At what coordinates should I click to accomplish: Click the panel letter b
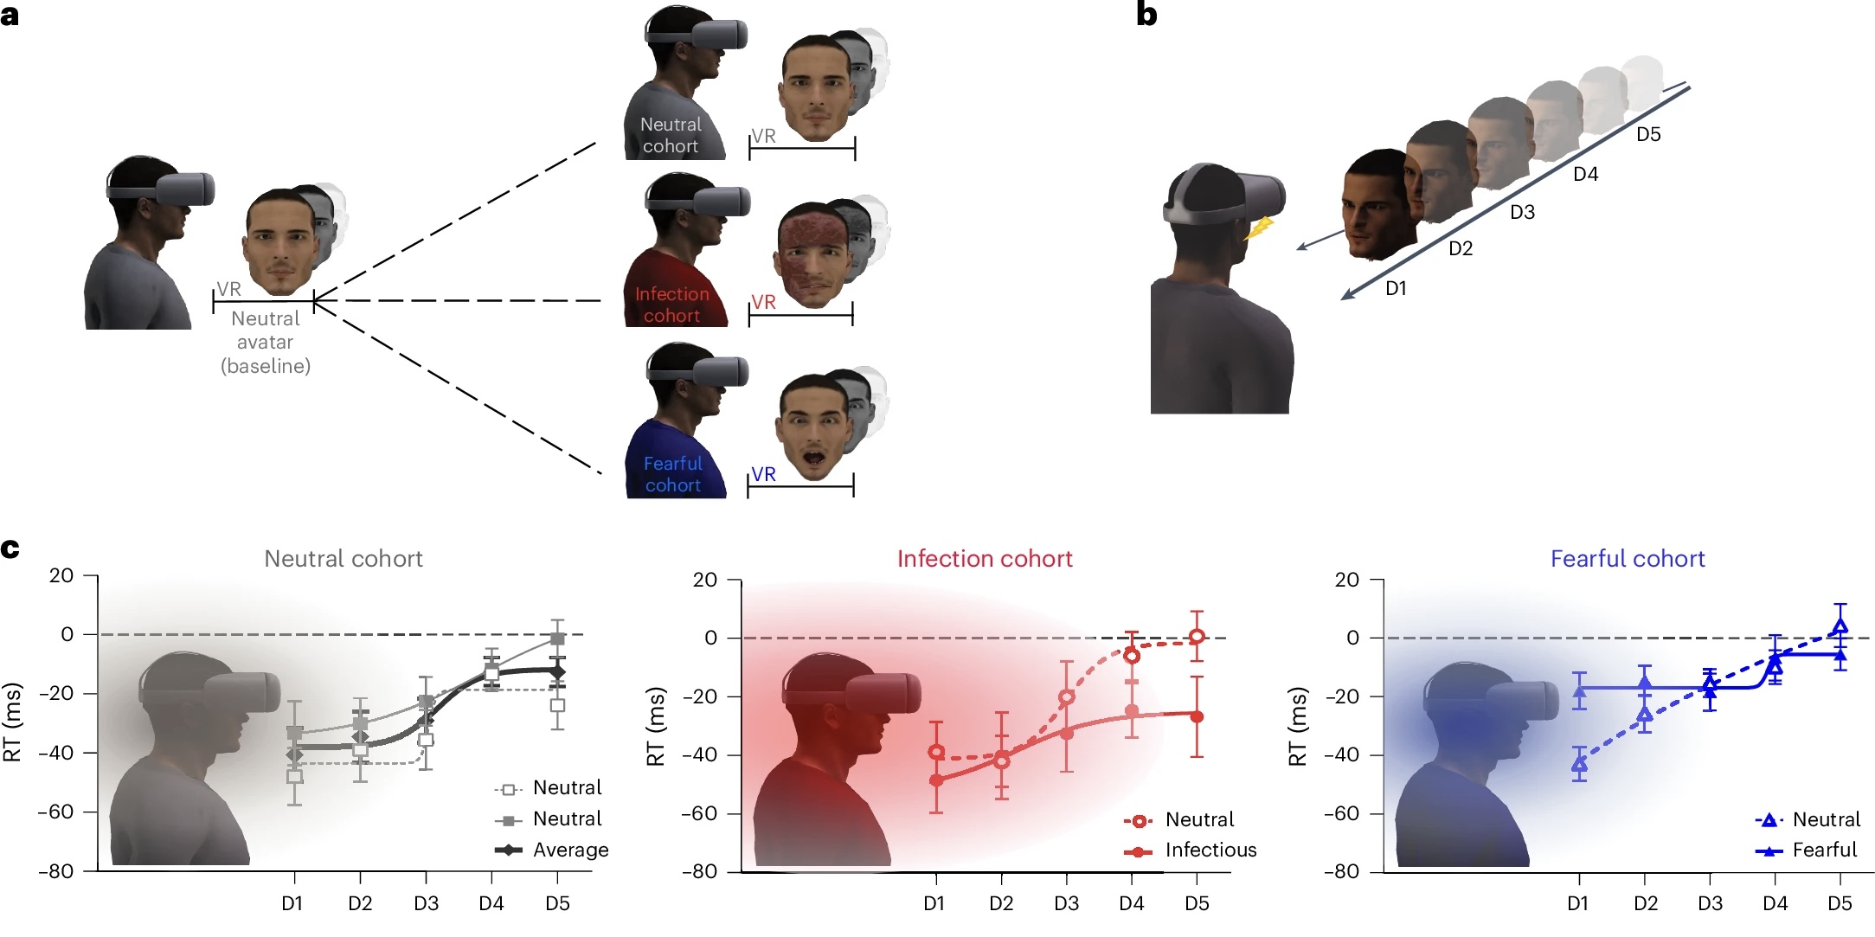1146,15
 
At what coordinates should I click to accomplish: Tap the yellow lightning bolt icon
1260,228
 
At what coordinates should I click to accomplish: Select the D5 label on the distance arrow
1647,134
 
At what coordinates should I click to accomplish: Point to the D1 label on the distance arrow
1396,288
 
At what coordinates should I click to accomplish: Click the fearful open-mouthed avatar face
813,429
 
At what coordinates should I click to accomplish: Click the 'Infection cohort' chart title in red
984,559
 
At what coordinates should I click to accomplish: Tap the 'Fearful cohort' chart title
1627,559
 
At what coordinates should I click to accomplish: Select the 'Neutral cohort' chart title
343,559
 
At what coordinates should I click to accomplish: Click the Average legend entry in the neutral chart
569,850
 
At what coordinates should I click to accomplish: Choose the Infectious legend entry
1210,850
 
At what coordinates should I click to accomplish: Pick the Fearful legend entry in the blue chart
1824,850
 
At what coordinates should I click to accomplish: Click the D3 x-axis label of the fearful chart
1709,903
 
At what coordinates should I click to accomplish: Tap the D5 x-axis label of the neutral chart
557,903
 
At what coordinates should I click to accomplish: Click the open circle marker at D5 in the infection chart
1197,637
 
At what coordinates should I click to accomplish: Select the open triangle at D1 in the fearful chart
1579,764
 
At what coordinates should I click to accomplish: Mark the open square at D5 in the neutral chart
558,705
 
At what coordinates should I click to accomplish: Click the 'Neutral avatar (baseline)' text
265,343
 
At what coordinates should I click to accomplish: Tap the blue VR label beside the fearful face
763,474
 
